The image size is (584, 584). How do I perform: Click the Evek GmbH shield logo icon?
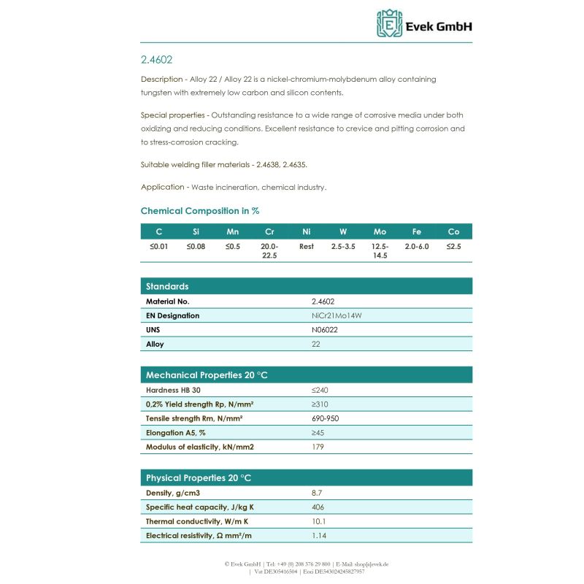[389, 23]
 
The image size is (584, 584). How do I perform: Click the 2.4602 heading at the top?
[156, 59]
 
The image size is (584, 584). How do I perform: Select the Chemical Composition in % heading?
[200, 211]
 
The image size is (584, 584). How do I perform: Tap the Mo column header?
[380, 231]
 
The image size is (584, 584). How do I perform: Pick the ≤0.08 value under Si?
[196, 247]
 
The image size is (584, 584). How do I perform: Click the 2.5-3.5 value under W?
[343, 247]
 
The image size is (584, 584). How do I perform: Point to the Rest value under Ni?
[307, 247]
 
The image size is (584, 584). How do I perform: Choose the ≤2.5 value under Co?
[453, 247]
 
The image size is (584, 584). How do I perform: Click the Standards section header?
[167, 286]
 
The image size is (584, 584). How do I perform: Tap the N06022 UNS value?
[325, 330]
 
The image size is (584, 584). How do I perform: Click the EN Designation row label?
[172, 315]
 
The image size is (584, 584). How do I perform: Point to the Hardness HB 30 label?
[173, 390]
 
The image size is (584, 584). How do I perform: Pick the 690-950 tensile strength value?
[325, 418]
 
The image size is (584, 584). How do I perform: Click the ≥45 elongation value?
[318, 433]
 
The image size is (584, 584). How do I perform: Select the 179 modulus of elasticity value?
[318, 447]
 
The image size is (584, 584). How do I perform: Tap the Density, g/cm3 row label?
[174, 493]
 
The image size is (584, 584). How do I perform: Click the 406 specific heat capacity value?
[318, 507]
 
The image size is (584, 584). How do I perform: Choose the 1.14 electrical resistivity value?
[318, 536]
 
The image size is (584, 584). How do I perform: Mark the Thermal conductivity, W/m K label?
[196, 521]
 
